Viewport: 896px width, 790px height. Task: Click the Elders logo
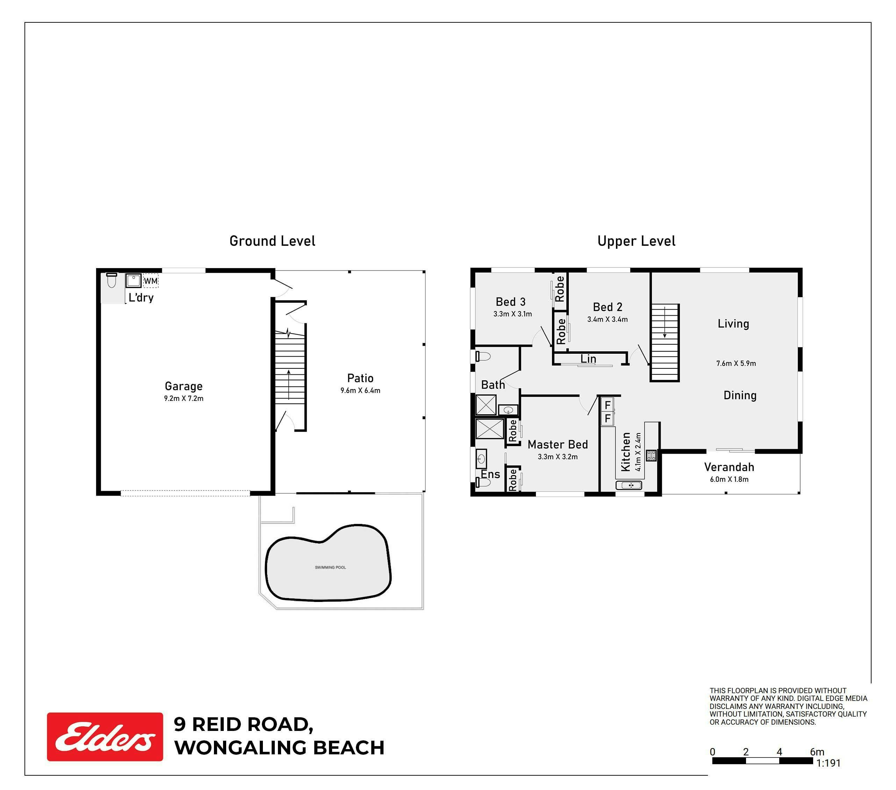point(105,737)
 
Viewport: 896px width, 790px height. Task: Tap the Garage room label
point(184,386)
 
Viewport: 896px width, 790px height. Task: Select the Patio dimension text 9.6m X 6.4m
point(360,390)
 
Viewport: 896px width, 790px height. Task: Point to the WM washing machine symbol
point(150,281)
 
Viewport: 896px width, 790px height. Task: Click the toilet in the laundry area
point(112,280)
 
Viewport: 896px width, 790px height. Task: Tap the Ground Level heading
point(272,241)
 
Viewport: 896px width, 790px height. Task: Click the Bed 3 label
point(510,302)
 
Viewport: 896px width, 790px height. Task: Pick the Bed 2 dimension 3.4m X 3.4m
point(608,319)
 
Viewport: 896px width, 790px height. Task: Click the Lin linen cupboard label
point(588,359)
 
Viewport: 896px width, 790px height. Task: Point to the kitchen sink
point(629,485)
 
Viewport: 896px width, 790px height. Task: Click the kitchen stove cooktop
point(651,455)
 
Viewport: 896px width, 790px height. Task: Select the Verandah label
point(729,467)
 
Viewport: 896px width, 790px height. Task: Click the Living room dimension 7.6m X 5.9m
point(736,363)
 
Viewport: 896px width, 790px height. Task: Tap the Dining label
point(740,395)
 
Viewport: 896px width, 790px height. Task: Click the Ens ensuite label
point(490,474)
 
